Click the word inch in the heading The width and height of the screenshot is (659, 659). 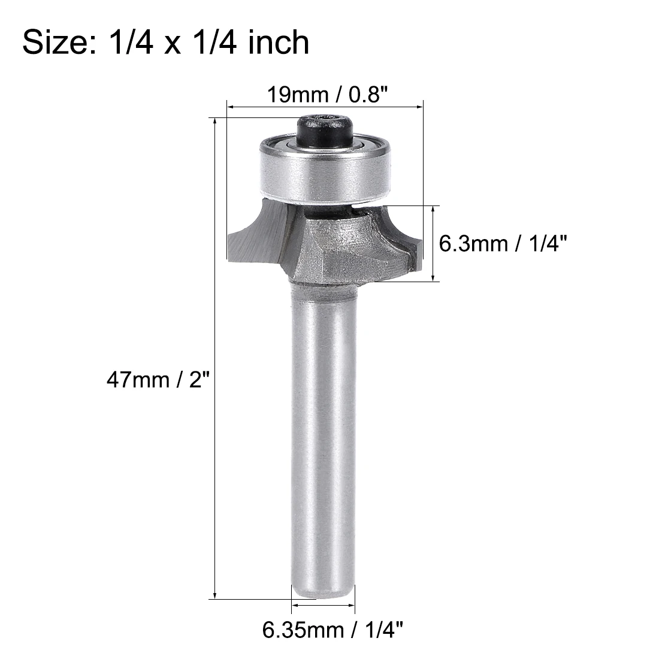[x=280, y=43]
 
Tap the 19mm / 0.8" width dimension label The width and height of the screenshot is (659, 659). [x=324, y=94]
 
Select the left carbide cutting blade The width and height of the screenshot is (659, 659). [x=255, y=237]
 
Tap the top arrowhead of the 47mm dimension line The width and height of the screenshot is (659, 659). [x=214, y=120]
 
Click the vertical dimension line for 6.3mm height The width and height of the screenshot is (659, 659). [x=434, y=243]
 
